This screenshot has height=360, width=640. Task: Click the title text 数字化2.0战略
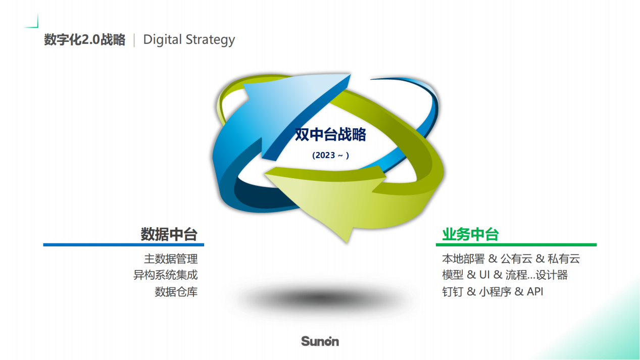point(84,39)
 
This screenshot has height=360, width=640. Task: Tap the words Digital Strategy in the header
point(189,40)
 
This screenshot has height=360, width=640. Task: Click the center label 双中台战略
point(330,134)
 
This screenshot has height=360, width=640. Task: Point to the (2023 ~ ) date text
point(330,156)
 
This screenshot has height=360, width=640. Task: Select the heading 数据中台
point(169,234)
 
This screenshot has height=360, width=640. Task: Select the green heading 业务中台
point(470,234)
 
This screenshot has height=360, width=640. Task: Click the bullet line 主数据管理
point(171,259)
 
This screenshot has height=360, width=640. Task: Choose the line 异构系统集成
point(165,275)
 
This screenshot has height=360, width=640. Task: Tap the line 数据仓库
point(176,292)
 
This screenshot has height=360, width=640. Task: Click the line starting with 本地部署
point(511,259)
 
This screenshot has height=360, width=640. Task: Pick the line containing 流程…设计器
point(505,275)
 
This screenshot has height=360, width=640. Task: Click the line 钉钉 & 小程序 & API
point(493,291)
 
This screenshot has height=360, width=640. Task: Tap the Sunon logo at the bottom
point(320,341)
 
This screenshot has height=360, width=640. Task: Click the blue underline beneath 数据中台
point(123,245)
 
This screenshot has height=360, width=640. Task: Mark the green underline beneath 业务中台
point(516,245)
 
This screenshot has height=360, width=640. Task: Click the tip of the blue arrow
point(350,75)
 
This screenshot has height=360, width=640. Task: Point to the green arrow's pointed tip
point(348,243)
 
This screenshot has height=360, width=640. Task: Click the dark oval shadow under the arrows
point(320,298)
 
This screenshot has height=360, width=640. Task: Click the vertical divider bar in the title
point(134,40)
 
